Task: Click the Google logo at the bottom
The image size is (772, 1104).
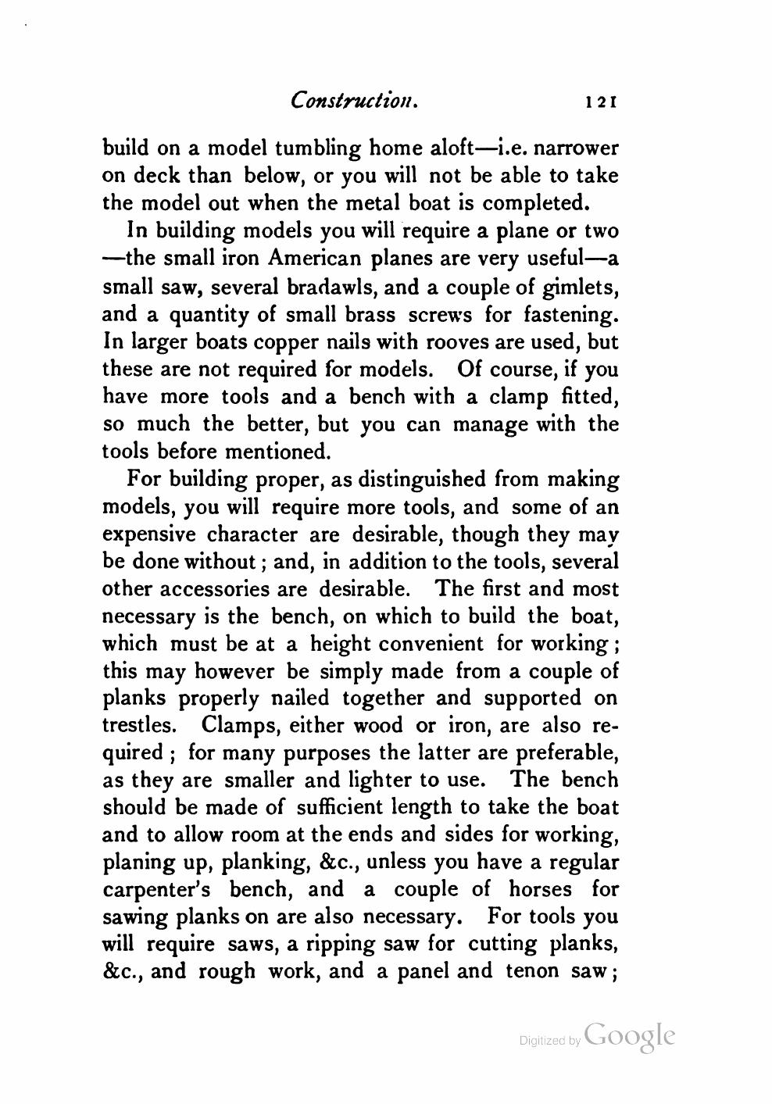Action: point(628,1035)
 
